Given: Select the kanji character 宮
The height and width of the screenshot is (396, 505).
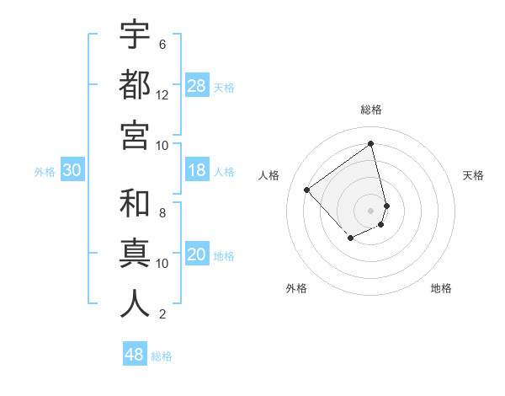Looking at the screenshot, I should point(135,134).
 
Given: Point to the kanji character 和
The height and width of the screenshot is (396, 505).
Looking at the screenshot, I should point(135,204).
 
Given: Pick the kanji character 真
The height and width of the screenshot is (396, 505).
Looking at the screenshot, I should point(135,254).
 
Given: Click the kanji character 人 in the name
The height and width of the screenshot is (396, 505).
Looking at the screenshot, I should point(135,303).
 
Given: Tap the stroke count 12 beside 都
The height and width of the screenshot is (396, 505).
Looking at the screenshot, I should point(162,95).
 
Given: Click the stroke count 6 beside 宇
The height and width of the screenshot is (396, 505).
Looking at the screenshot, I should point(162,45).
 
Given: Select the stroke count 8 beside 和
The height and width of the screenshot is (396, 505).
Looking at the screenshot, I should point(162,213).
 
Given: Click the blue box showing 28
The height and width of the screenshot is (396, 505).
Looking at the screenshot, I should point(197,86).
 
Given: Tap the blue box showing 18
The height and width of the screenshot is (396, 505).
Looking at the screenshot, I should point(197,171).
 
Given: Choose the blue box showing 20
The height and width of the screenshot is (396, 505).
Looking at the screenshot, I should point(197,255).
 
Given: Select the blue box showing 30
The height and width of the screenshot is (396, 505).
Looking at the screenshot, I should point(72,171).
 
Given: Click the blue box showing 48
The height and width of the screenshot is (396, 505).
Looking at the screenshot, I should point(135,355).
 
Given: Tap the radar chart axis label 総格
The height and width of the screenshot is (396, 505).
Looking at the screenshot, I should point(371,110).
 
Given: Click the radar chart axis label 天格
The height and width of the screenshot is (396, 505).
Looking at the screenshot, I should point(473,175).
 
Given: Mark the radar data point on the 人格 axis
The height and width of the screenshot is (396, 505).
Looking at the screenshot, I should point(307,190).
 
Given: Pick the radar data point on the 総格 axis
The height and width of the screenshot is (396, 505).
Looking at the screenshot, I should point(371,143).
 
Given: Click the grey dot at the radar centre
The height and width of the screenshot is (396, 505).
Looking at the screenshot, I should point(371,210).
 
